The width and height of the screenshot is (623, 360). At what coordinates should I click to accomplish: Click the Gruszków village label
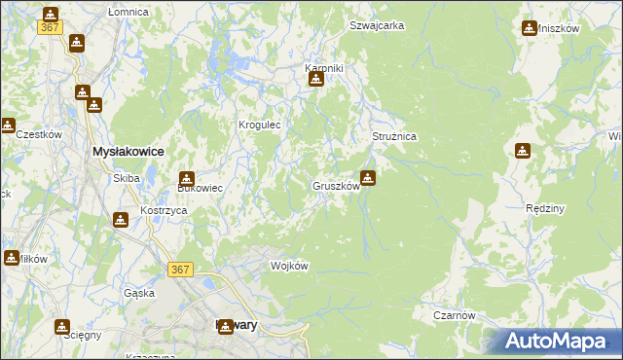point(337,186)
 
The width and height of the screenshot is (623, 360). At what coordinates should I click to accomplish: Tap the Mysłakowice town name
point(127,153)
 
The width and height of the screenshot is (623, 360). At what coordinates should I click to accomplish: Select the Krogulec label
point(260,125)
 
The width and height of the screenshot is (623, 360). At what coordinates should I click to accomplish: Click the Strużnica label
point(394,137)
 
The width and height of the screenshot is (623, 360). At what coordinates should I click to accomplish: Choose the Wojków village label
point(289,266)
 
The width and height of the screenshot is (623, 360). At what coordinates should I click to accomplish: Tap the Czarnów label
point(455,315)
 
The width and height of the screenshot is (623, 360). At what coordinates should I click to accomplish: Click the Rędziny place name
point(545,208)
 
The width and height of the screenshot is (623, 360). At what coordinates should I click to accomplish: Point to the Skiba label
point(127,178)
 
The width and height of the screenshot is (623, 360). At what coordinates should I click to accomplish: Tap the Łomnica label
point(128,12)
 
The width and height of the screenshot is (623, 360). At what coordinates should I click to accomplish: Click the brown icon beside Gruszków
point(368,178)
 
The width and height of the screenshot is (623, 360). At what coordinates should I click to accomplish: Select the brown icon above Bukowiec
point(186,179)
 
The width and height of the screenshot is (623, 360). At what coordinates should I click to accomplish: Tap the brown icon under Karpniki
point(315,81)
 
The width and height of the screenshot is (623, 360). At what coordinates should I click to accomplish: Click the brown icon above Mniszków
point(530,28)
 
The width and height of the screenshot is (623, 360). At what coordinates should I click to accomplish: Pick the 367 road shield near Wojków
point(180,270)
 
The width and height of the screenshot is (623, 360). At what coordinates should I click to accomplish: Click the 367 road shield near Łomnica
point(51,27)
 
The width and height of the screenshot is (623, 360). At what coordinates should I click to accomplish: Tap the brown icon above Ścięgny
point(62,327)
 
